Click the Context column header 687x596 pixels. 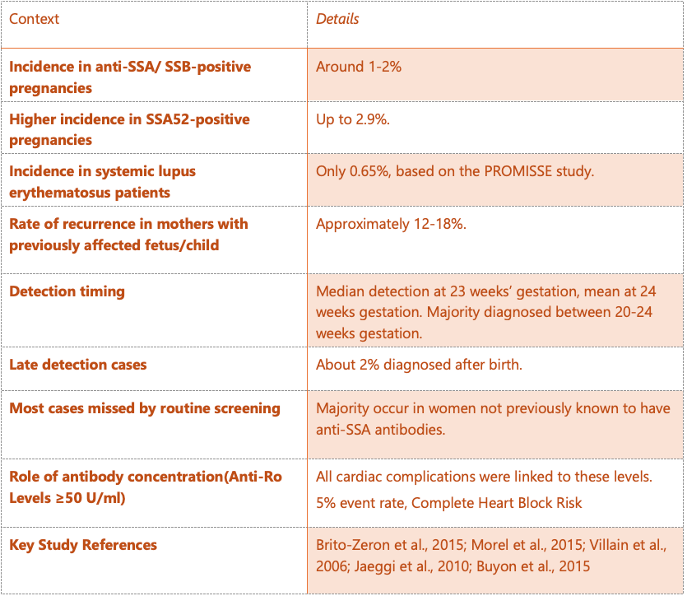click(35, 18)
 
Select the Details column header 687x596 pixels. click(337, 18)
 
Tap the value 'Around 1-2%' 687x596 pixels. click(359, 67)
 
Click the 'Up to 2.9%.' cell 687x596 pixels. click(353, 119)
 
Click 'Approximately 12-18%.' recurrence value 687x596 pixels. click(391, 224)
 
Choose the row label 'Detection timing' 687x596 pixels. click(67, 291)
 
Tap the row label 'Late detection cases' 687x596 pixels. click(78, 364)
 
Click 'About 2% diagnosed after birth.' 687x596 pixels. click(419, 364)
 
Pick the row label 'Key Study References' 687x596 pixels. click(83, 545)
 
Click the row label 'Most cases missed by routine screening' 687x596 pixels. click(145, 408)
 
